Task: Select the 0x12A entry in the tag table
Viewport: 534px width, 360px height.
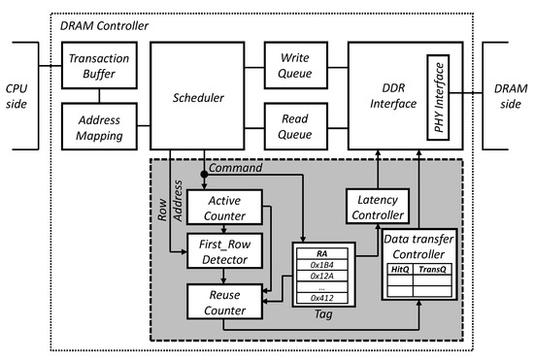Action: coord(321,276)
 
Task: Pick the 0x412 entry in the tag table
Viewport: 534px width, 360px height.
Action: coord(321,300)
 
